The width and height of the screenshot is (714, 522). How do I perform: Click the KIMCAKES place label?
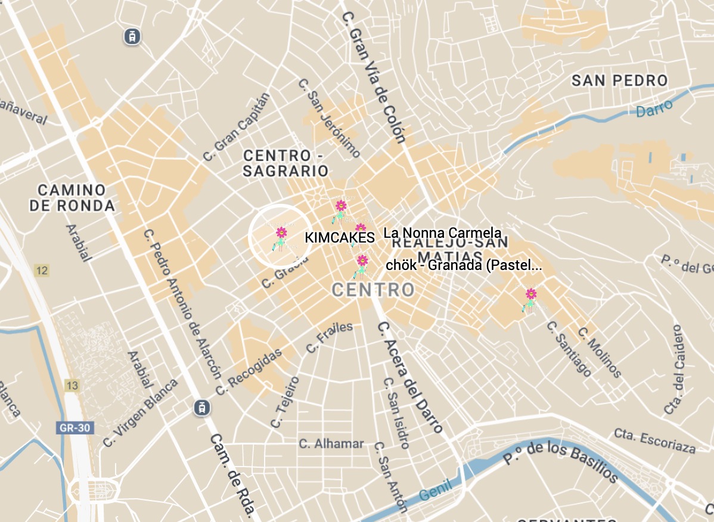point(339,238)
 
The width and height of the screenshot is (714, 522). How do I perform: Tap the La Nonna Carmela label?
point(443,233)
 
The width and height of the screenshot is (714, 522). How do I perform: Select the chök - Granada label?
point(464,266)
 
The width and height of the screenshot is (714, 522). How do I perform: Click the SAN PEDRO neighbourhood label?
point(620,80)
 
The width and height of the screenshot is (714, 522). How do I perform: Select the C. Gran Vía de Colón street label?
point(374,77)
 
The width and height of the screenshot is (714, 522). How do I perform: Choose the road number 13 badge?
point(72,386)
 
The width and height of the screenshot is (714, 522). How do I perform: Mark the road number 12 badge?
point(41,271)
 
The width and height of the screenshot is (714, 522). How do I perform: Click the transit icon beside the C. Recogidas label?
point(202,408)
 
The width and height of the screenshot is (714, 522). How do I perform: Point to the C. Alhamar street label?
point(331,443)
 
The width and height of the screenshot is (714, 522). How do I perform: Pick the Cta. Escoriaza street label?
point(655,441)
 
